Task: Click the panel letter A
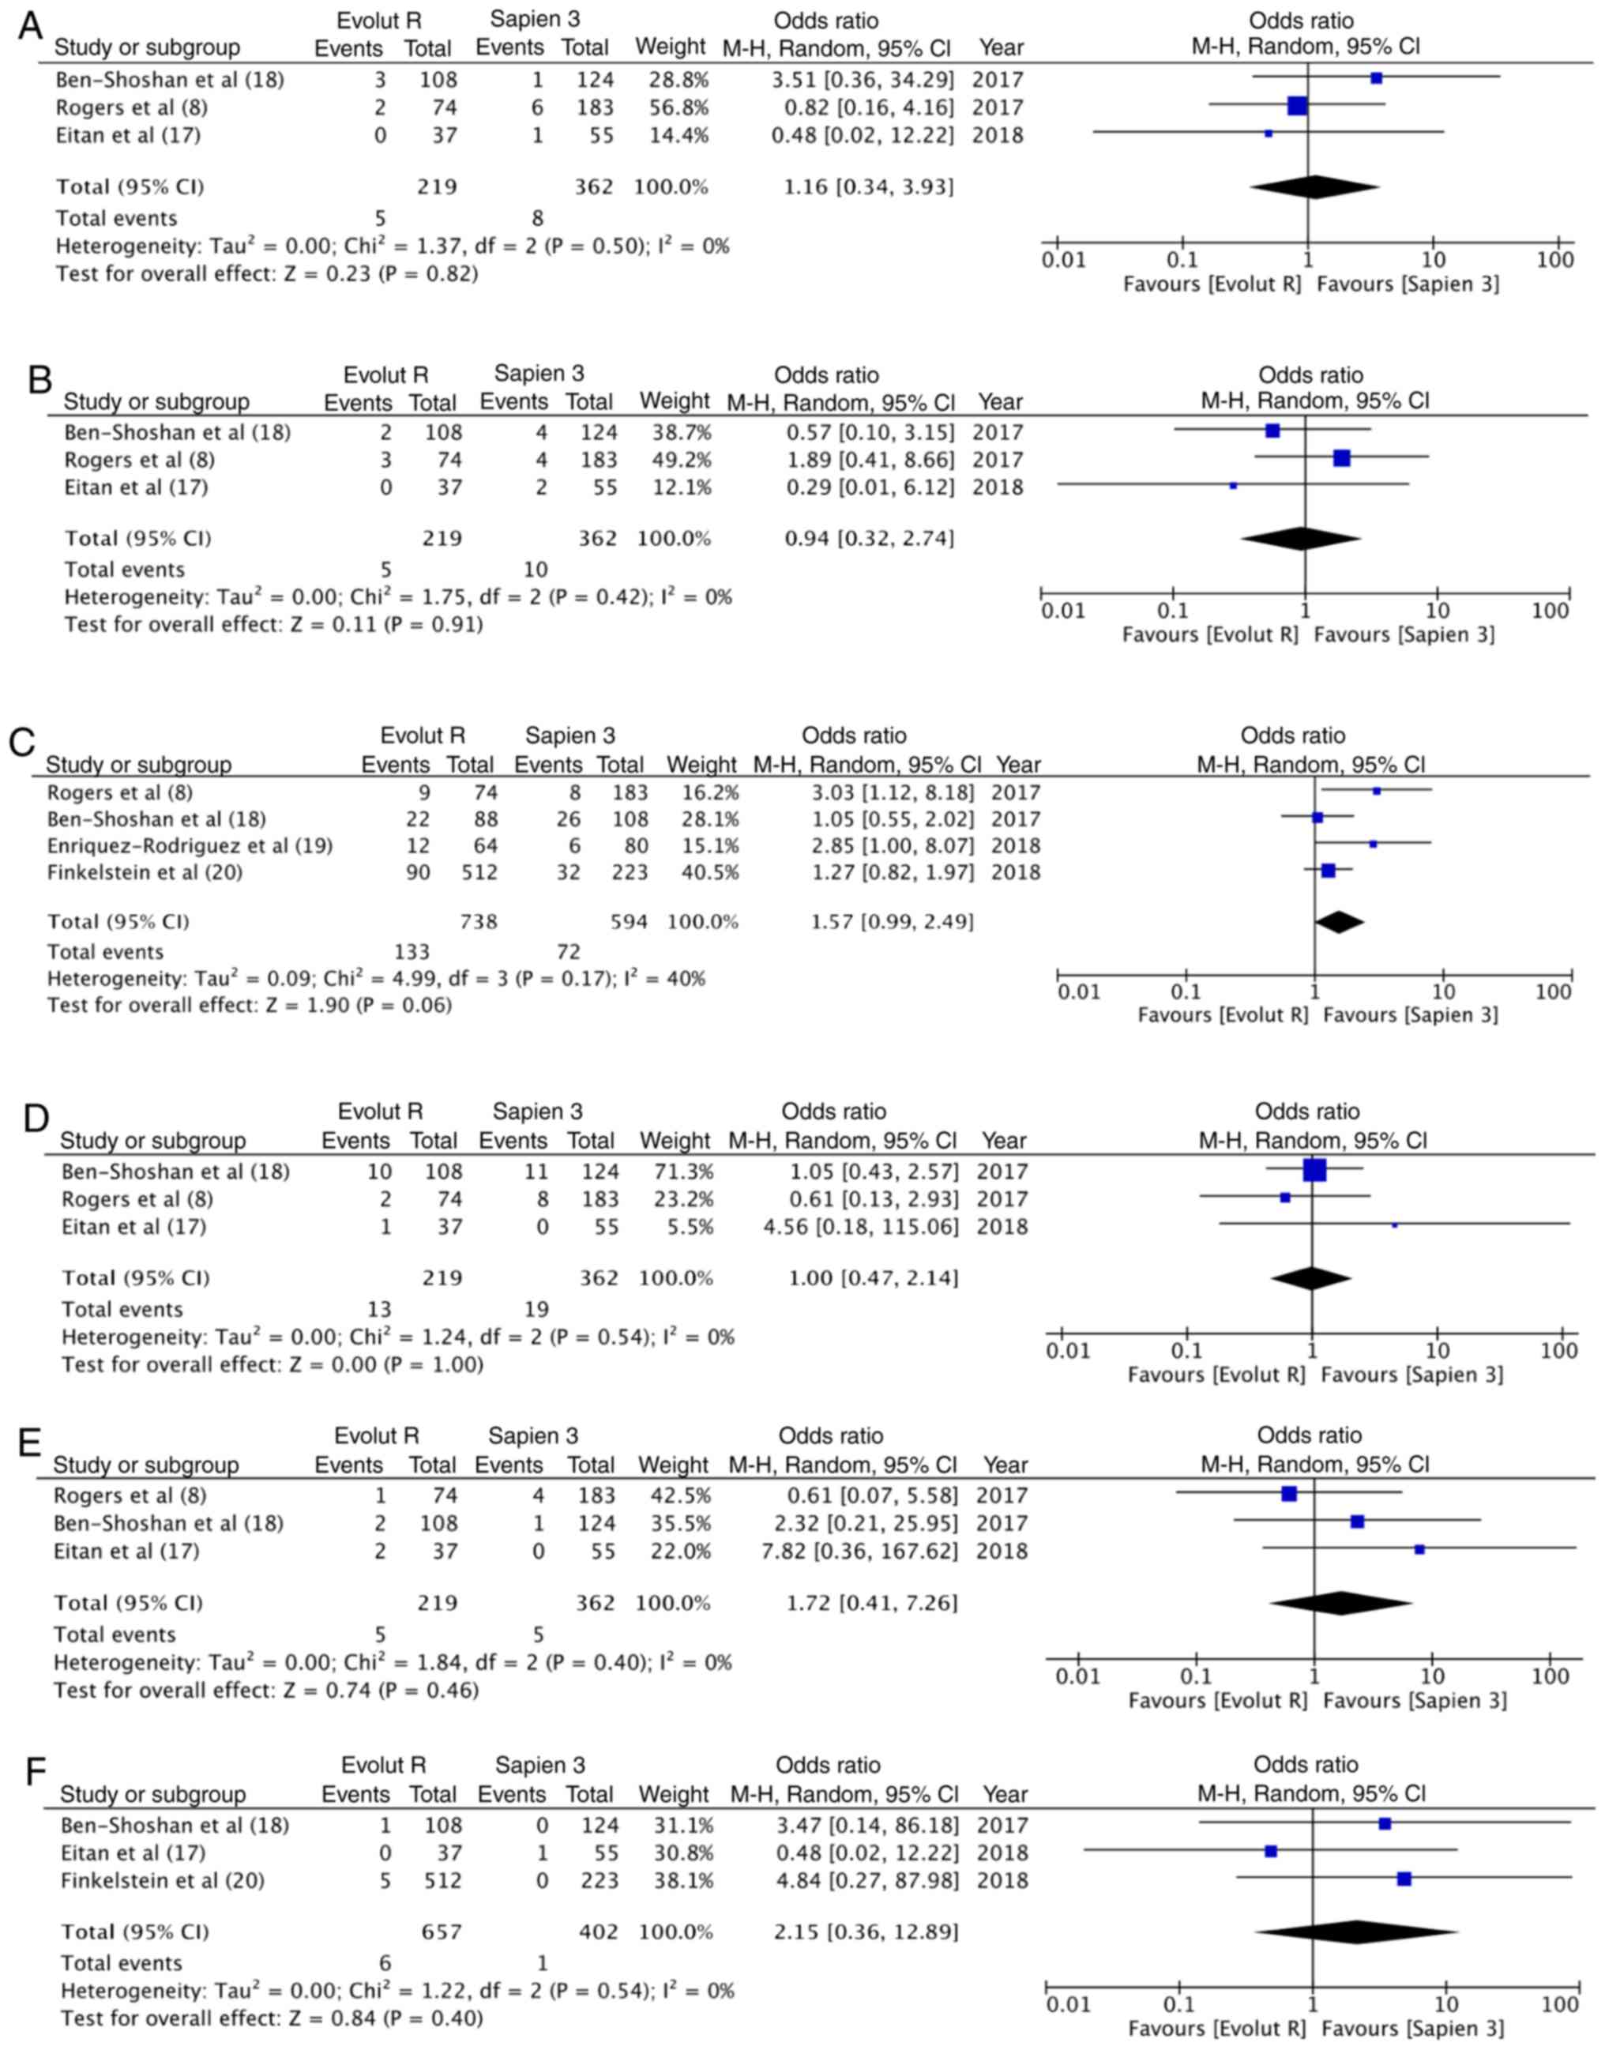click(30, 26)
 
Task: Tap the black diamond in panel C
click(1338, 921)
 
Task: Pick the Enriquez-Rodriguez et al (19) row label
click(190, 845)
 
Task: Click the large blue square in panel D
click(1314, 1170)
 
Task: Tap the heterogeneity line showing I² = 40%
click(376, 979)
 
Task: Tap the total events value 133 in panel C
click(412, 951)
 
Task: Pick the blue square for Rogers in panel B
click(1341, 457)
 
